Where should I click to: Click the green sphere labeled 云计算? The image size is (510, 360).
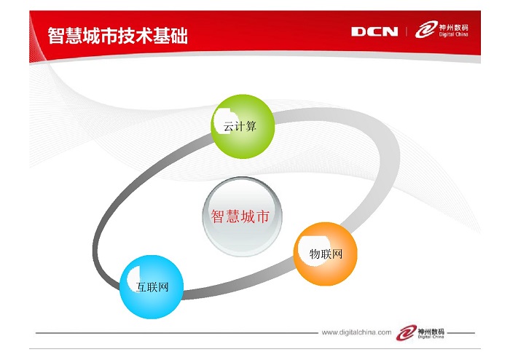(243, 127)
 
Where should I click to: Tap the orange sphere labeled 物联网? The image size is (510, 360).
(325, 254)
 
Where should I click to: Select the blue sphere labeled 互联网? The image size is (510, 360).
(152, 287)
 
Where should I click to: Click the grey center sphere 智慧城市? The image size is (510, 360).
(242, 216)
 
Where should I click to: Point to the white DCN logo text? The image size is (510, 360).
(374, 31)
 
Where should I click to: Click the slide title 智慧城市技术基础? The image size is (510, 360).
(118, 35)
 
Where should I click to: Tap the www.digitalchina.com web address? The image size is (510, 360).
(356, 332)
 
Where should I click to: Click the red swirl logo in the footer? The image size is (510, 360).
(407, 332)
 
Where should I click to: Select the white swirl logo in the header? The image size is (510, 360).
(426, 30)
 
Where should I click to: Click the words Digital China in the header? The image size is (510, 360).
(454, 34)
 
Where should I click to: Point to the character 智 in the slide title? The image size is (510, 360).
(56, 35)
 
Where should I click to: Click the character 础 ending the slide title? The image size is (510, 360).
(179, 35)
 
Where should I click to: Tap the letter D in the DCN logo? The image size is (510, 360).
(358, 31)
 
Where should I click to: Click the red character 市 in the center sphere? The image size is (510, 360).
(263, 216)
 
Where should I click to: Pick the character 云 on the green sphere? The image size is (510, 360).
(229, 126)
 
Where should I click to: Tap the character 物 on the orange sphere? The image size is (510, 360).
(315, 254)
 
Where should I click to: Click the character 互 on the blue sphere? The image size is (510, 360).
(141, 287)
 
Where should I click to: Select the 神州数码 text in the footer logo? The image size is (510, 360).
(431, 332)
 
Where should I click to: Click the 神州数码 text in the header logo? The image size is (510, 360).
(454, 27)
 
